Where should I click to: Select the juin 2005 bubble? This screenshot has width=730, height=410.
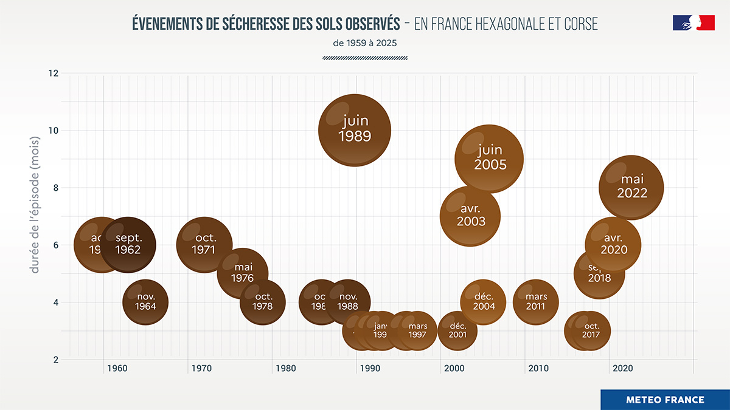(490, 159)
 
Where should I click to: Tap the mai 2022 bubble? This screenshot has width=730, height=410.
(631, 187)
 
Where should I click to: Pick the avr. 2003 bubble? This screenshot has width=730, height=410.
(470, 216)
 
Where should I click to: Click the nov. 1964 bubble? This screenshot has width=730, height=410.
(145, 302)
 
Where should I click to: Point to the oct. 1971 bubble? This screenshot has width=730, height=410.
(204, 244)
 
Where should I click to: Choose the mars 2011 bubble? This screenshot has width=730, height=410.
(536, 302)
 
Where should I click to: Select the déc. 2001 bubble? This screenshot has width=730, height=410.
(457, 330)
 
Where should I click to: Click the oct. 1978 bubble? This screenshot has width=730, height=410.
(263, 302)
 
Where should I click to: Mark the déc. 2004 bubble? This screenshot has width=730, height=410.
(484, 302)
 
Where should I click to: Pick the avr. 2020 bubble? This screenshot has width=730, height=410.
(613, 244)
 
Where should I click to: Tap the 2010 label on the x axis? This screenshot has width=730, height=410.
(538, 368)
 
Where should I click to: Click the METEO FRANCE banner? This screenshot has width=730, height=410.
(665, 400)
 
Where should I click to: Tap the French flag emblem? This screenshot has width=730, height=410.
(693, 23)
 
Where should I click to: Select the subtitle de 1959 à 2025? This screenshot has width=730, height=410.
(365, 43)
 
